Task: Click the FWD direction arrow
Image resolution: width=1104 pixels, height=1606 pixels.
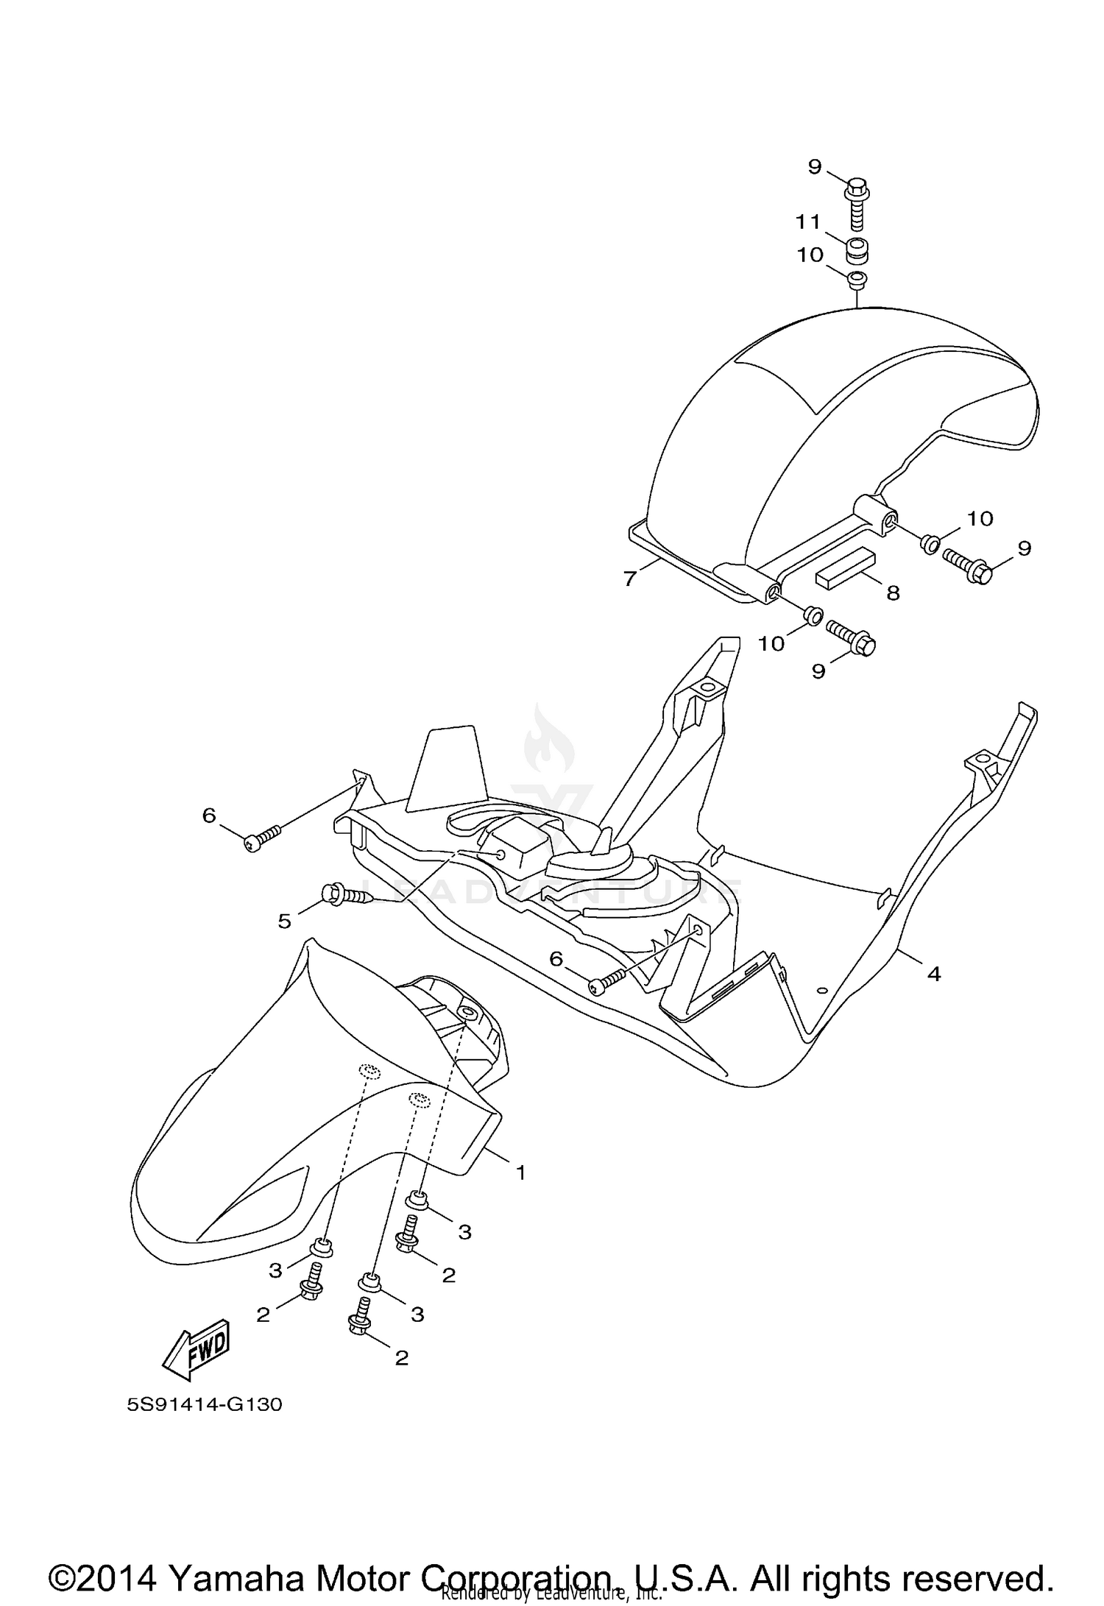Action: pos(197,1349)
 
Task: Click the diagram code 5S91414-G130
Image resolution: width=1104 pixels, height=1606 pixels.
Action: pos(205,1404)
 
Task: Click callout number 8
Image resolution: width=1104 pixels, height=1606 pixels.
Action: pos(893,592)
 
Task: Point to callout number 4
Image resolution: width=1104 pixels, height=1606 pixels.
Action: pos(933,974)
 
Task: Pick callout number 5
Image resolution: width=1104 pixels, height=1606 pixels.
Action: pos(285,920)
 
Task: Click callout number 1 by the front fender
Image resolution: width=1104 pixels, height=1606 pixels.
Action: pos(520,1172)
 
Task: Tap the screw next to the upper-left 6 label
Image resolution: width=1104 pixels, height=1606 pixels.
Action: pos(263,838)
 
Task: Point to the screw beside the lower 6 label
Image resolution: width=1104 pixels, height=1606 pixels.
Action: pos(606,980)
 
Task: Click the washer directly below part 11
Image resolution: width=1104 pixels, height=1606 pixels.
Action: pos(857,280)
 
